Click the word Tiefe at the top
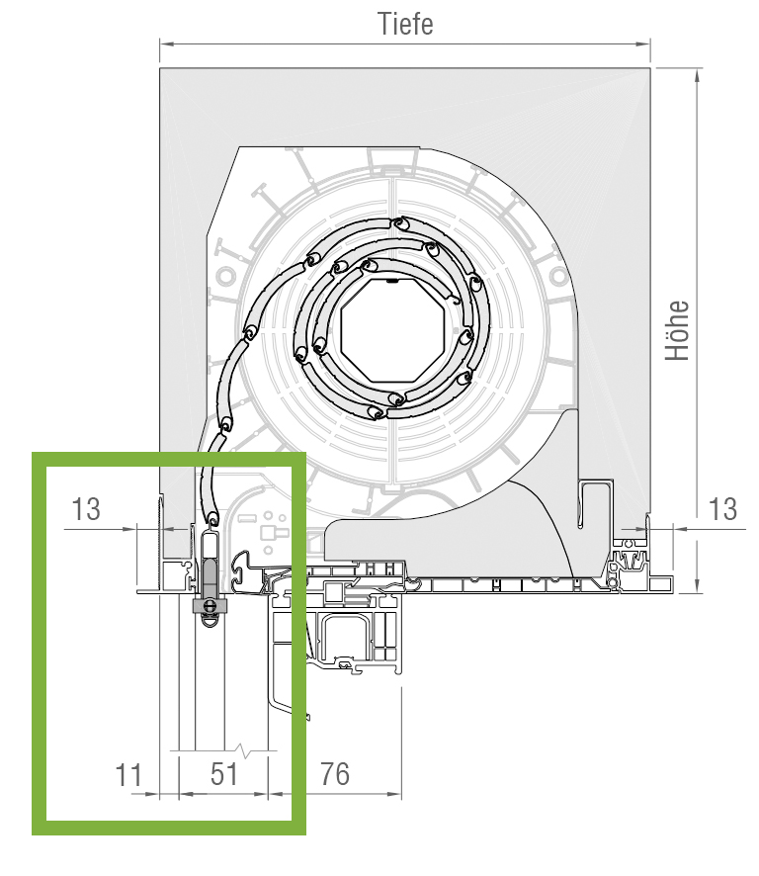pyautogui.click(x=405, y=24)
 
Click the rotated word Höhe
pyautogui.click(x=677, y=330)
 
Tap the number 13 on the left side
pyautogui.click(x=86, y=509)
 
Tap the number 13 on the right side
pyautogui.click(x=722, y=509)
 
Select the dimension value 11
pyautogui.click(x=128, y=775)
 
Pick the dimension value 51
pyautogui.click(x=224, y=774)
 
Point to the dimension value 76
pyautogui.click(x=335, y=774)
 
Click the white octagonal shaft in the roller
pyautogui.click(x=392, y=330)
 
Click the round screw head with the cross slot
pyautogui.click(x=210, y=605)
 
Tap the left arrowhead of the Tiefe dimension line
pyautogui.click(x=166, y=44)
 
